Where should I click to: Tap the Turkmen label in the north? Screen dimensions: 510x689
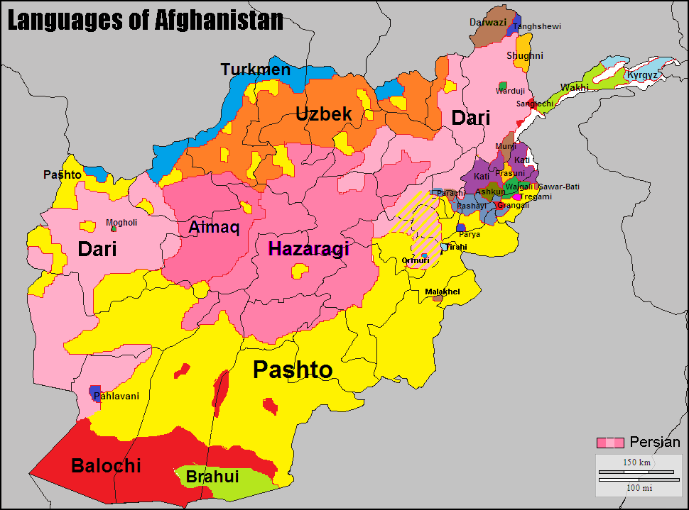pyautogui.click(x=255, y=70)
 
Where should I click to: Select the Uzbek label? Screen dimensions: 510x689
pyautogui.click(x=323, y=114)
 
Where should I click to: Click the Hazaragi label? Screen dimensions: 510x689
pyautogui.click(x=308, y=249)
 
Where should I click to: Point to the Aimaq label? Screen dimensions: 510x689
pyautogui.click(x=214, y=228)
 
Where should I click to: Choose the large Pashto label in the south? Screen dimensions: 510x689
pyautogui.click(x=293, y=370)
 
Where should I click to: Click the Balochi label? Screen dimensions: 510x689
pyautogui.click(x=106, y=466)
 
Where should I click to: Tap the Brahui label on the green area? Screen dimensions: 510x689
pyautogui.click(x=212, y=477)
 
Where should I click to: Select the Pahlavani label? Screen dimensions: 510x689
pyautogui.click(x=116, y=397)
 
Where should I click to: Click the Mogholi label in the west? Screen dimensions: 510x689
pyautogui.click(x=121, y=222)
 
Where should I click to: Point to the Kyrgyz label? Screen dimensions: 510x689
pyautogui.click(x=642, y=75)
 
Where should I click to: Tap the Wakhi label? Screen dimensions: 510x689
pyautogui.click(x=574, y=88)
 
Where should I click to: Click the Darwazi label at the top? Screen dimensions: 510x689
pyautogui.click(x=488, y=23)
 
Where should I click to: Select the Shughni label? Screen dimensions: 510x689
pyautogui.click(x=525, y=55)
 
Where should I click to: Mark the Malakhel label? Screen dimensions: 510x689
pyautogui.click(x=443, y=292)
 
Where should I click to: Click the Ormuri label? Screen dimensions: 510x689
pyautogui.click(x=415, y=261)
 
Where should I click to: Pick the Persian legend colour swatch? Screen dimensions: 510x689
pyautogui.click(x=610, y=443)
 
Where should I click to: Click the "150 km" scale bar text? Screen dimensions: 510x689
pyautogui.click(x=636, y=462)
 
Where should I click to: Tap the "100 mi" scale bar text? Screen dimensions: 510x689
pyautogui.click(x=636, y=487)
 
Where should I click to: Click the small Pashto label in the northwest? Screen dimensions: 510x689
pyautogui.click(x=62, y=174)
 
